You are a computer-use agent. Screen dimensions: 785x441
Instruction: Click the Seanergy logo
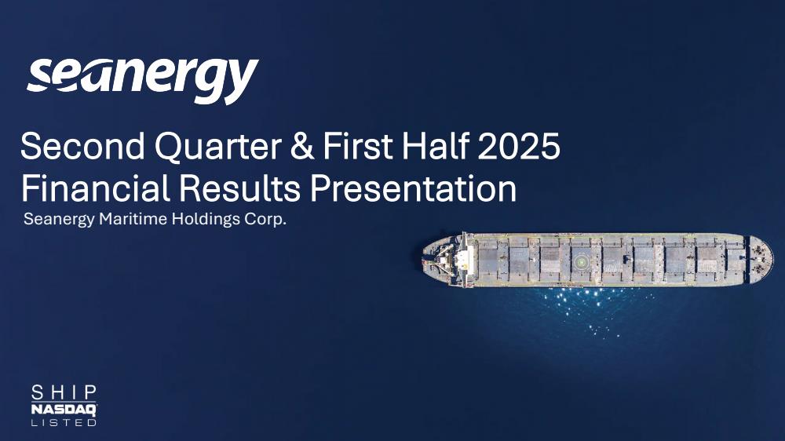[143, 81]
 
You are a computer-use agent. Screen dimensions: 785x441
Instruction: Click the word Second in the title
[82, 146]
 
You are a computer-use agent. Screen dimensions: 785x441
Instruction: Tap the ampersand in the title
[302, 147]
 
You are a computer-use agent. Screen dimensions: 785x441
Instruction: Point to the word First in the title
[357, 146]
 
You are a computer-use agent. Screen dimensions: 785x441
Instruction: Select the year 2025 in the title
[519, 146]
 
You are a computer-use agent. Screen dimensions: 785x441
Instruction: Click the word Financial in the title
[95, 188]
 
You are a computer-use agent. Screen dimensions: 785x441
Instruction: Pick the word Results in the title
[239, 188]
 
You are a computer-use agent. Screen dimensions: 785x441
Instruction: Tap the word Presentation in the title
[413, 188]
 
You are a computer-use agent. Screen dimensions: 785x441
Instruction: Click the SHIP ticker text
[64, 393]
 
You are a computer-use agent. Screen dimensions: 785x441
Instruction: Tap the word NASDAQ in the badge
[64, 410]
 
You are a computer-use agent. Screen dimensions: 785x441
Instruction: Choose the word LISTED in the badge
[64, 422]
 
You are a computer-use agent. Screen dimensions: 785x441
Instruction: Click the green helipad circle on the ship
[581, 261]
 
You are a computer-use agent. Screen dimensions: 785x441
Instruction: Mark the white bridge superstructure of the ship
[464, 260]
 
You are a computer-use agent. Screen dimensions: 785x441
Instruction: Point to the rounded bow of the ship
[761, 260]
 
